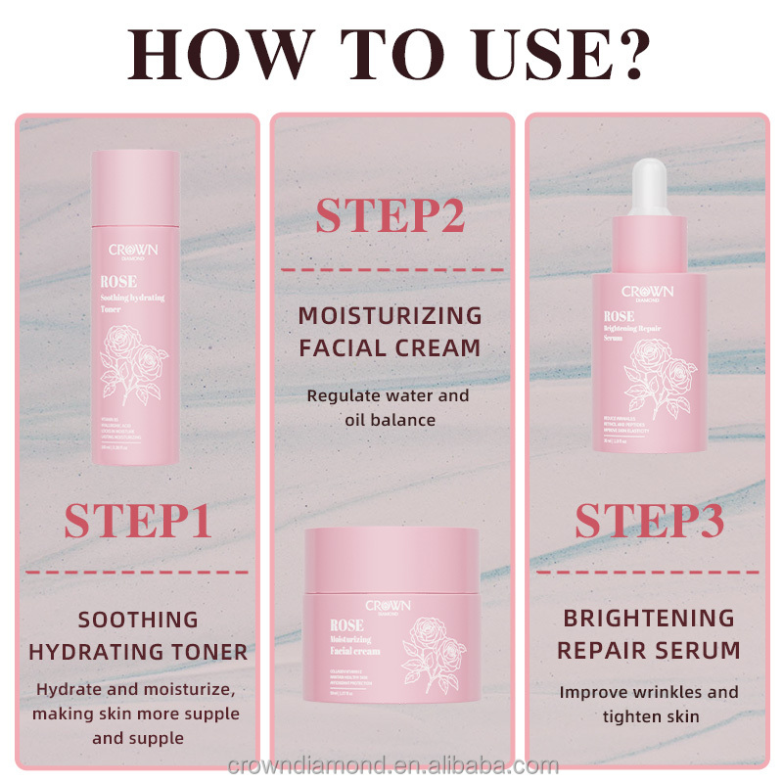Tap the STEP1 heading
click(138, 521)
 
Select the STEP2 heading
click(391, 217)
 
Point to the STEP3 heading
click(649, 521)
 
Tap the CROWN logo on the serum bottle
click(648, 291)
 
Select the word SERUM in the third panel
click(698, 650)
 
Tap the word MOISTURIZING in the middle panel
click(391, 315)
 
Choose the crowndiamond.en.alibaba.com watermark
click(391, 765)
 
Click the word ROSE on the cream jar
click(348, 625)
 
